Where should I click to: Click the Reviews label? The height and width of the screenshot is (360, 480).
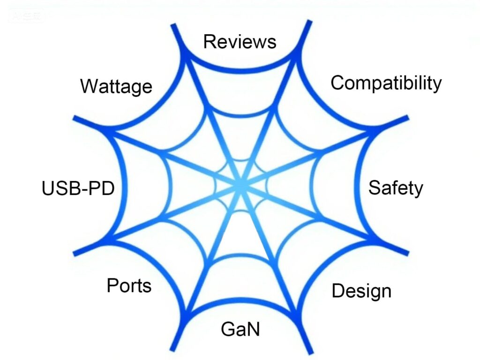point(240,42)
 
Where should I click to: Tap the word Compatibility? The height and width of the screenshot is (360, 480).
point(386,83)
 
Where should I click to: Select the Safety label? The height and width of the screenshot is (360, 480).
point(395,187)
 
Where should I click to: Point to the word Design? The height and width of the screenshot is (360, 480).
point(361,291)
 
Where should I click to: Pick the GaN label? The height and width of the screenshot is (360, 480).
point(240,329)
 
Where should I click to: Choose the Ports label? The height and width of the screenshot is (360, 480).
point(129,285)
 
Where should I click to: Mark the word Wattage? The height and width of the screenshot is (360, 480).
point(116,87)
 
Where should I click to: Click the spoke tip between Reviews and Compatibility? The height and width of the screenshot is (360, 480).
point(307,22)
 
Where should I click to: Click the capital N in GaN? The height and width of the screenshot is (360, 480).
point(253,329)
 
